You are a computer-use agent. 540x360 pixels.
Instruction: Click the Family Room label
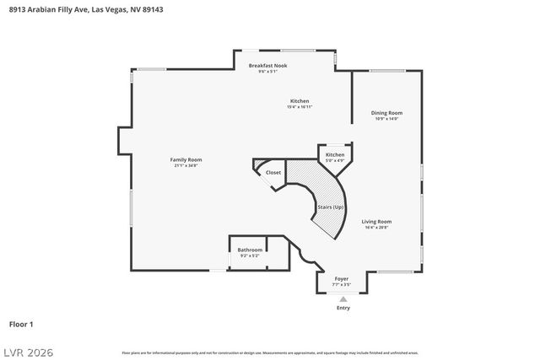point(186,159)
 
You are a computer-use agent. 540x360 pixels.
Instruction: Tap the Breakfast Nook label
point(267,65)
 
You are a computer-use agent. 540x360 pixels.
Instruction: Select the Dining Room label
point(387,112)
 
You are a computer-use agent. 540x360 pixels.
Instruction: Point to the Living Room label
point(377,221)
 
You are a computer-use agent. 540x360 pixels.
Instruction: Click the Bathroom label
point(249,250)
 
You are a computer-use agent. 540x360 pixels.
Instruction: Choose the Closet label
point(273,172)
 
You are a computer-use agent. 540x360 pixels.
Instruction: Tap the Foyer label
point(342,278)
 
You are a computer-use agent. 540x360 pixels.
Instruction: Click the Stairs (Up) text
point(330,207)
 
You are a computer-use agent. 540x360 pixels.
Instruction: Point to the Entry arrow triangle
point(342,299)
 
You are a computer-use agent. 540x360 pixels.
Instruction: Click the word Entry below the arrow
point(342,308)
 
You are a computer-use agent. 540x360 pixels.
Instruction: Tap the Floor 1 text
point(21,324)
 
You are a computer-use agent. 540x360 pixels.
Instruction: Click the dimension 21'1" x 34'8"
point(186,165)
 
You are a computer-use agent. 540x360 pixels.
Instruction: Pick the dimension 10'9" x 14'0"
point(387,119)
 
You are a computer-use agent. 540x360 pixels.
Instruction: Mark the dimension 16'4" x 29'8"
point(377,228)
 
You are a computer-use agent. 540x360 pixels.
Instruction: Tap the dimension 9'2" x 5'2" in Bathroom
point(249,255)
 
